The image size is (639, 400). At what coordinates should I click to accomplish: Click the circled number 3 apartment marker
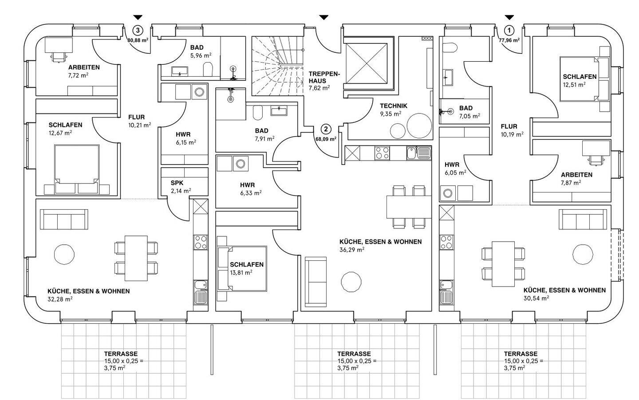pos(138,30)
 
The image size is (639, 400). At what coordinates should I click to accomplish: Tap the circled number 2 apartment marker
pos(326,129)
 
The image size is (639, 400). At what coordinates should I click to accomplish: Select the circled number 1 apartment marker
pos(509,30)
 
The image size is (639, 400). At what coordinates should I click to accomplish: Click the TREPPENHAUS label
pos(324,77)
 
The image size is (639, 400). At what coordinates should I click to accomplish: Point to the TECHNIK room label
pos(393,106)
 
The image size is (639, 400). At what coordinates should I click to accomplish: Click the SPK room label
pos(177,183)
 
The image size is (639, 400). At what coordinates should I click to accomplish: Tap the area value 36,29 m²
pos(352,250)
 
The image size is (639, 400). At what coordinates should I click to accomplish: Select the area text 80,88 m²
pos(138,40)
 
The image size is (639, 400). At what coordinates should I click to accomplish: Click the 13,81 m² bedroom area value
pos(241,273)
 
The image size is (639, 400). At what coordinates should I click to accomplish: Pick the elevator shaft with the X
pos(367,63)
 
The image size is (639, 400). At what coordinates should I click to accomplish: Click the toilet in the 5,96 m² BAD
pos(208,69)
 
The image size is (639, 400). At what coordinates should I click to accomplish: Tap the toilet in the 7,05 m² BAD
pos(450,47)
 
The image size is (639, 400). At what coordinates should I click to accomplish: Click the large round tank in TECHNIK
pos(419,126)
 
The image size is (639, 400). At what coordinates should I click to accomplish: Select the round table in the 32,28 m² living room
pos(64,254)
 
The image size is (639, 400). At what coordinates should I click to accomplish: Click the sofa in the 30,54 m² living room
pos(583,219)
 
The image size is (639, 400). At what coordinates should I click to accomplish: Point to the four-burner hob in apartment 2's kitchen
pos(382,153)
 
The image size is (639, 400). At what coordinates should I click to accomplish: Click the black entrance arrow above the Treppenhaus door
pos(323,17)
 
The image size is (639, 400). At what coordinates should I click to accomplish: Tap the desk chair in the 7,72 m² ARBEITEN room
pos(58,57)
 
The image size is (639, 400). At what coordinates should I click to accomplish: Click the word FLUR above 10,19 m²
pos(509,126)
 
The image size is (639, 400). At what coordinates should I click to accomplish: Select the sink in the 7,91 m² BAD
pos(279,110)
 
